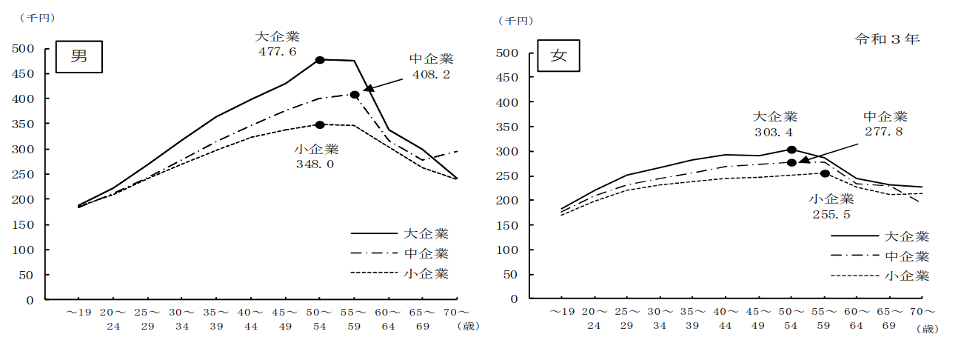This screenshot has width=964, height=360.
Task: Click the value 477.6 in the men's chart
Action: (278, 51)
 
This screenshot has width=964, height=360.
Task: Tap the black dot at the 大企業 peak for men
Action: (320, 60)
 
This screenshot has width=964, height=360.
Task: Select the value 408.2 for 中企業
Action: (431, 74)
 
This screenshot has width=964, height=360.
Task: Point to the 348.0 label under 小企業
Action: (315, 164)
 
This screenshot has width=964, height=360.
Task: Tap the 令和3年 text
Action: (887, 39)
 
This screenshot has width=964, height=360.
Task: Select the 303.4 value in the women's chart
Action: (774, 133)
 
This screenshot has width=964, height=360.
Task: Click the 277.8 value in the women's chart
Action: (885, 132)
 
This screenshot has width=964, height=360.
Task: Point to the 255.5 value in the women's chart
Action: (831, 215)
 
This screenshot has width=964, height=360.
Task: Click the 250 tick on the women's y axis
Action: (505, 176)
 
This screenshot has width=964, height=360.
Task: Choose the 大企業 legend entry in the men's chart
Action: (426, 234)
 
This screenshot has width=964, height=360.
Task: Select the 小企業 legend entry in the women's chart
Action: (906, 276)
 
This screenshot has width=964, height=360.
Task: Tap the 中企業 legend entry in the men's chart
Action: (426, 254)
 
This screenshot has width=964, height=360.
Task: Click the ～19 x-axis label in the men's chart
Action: (78, 313)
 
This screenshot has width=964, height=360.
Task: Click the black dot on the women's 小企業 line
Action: (825, 174)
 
